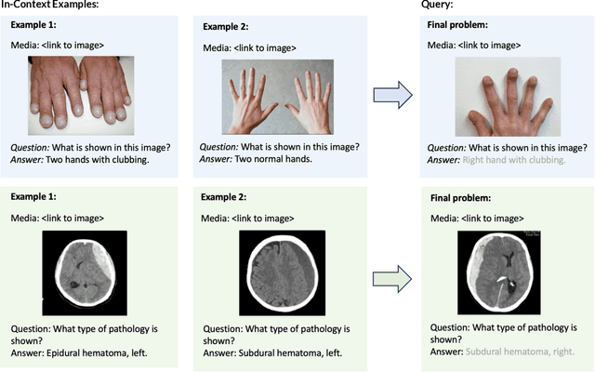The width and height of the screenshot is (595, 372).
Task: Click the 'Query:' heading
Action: pyautogui.click(x=415, y=6)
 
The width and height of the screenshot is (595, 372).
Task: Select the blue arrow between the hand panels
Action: pyautogui.click(x=390, y=94)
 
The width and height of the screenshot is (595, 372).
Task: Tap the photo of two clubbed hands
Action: pyautogui.click(x=81, y=97)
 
